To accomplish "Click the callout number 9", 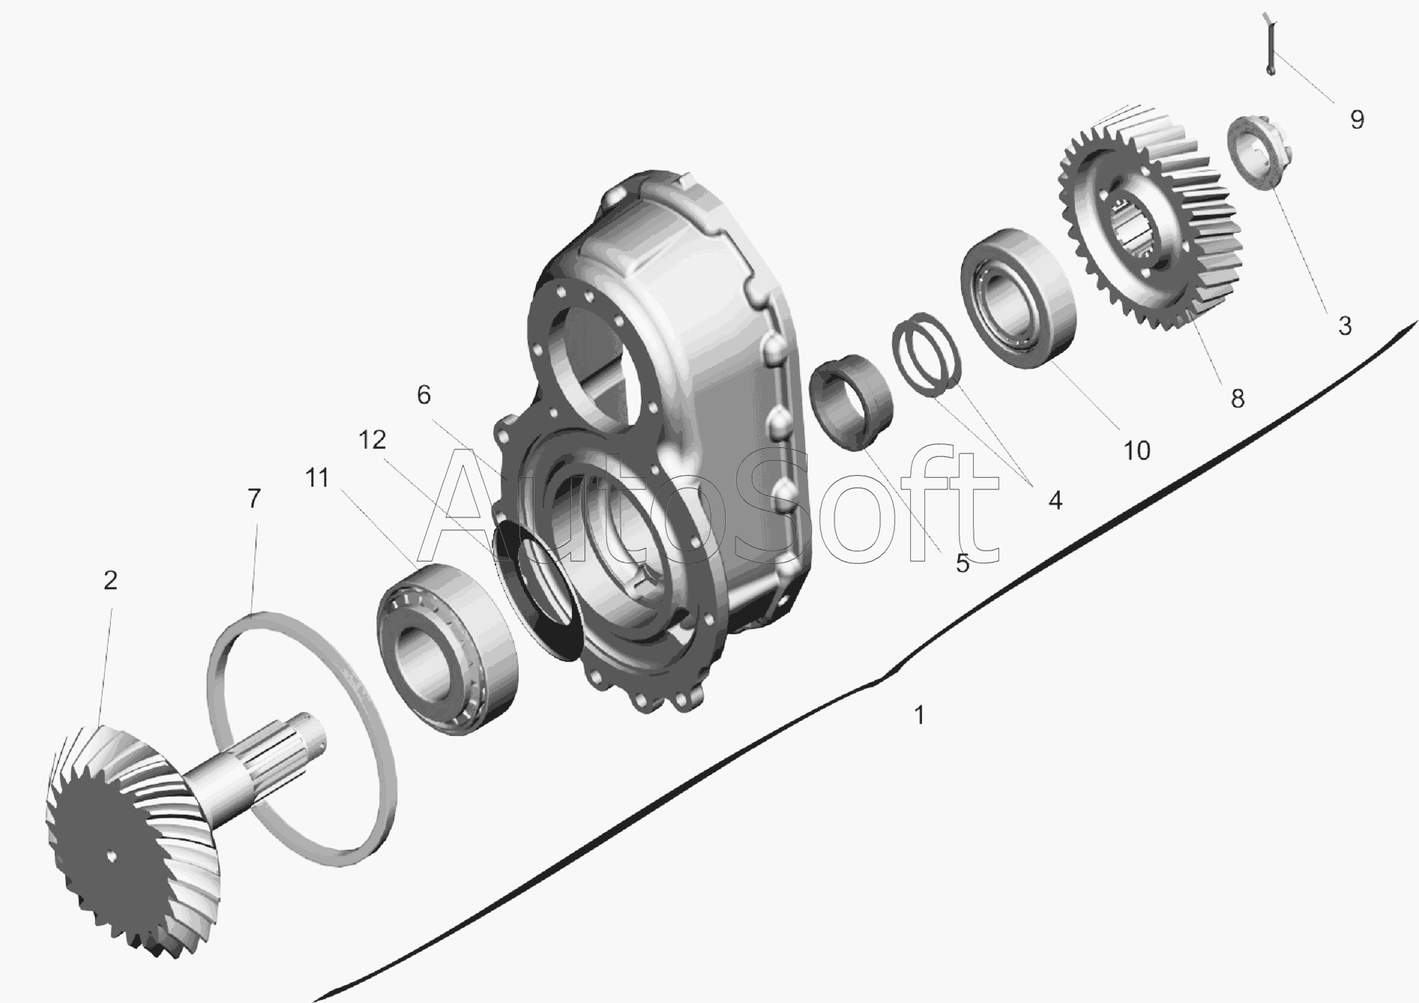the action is click(1356, 120).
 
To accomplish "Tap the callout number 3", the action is click(1345, 325).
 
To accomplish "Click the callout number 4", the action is click(1055, 500).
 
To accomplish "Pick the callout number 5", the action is click(962, 563).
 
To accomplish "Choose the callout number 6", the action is click(424, 394).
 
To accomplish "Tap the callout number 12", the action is click(372, 440).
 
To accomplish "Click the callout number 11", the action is click(317, 478).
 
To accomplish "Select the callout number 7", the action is click(254, 498).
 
